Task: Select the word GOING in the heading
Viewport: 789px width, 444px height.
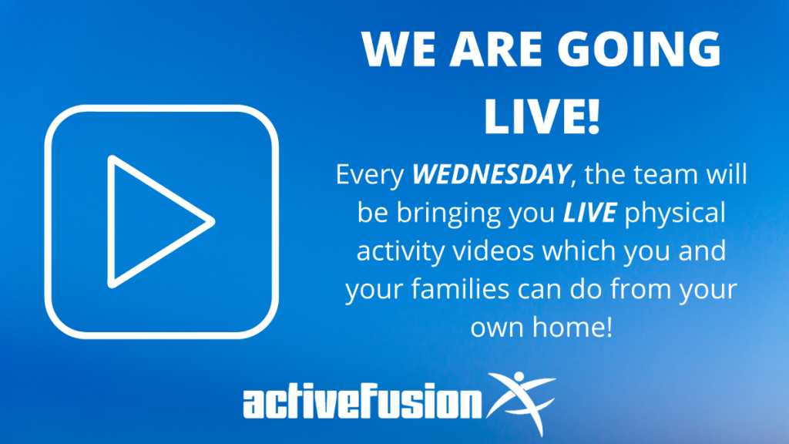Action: click(x=639, y=49)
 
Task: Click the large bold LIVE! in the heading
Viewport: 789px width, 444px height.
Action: click(x=542, y=117)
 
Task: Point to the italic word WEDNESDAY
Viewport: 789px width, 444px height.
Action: click(x=491, y=174)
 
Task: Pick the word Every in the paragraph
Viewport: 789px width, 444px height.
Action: click(x=370, y=175)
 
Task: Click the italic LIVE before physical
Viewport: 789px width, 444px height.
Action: click(x=589, y=213)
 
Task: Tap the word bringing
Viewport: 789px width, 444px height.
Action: click(x=448, y=214)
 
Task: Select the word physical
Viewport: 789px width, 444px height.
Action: click(x=675, y=214)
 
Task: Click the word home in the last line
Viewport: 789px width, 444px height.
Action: click(x=566, y=327)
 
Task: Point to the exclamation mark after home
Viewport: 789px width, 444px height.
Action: click(x=609, y=327)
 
